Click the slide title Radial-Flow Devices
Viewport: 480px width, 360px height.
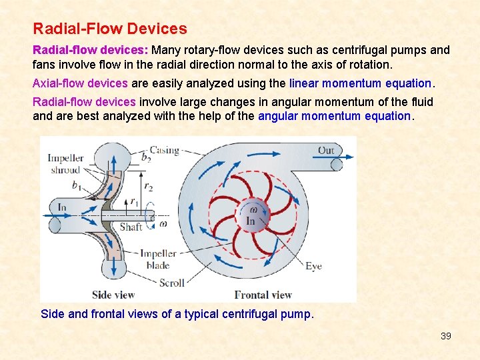[x=110, y=29]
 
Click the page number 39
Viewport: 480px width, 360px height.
[x=446, y=336]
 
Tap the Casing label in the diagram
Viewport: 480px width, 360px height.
[x=165, y=150]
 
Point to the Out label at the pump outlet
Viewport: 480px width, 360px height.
[x=326, y=150]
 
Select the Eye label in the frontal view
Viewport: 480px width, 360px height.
[x=313, y=266]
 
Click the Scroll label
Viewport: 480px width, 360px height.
[x=171, y=283]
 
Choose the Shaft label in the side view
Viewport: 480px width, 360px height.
[x=131, y=227]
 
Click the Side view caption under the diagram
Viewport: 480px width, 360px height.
[x=113, y=295]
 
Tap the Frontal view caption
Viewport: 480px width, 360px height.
[x=263, y=295]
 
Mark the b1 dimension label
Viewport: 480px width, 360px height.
[x=77, y=186]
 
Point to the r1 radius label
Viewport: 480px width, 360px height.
[x=135, y=201]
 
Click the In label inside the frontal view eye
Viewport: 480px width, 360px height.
[x=251, y=221]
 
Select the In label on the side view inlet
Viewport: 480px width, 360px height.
[x=62, y=207]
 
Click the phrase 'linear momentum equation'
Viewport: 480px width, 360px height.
[x=361, y=83]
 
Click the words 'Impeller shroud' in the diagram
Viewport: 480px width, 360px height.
[x=65, y=164]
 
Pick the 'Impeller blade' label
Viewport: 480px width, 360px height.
[x=158, y=259]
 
